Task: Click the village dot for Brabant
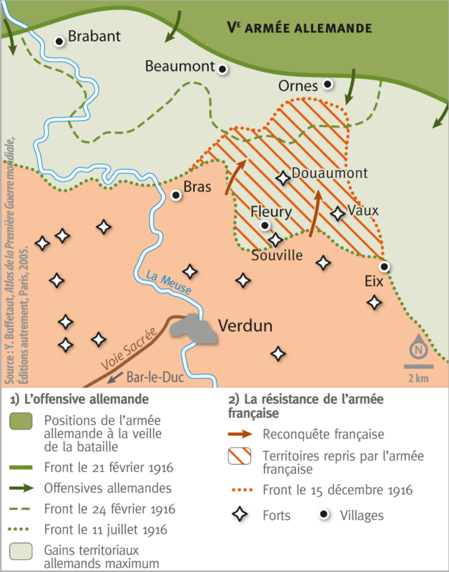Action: point(60,41)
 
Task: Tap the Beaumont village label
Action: point(179,66)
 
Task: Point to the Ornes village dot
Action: point(327,84)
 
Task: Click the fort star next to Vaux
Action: point(337,213)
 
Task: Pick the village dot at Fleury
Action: point(265,225)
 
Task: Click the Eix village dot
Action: point(384,267)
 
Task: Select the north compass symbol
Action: point(418,350)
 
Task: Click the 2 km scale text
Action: point(418,377)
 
